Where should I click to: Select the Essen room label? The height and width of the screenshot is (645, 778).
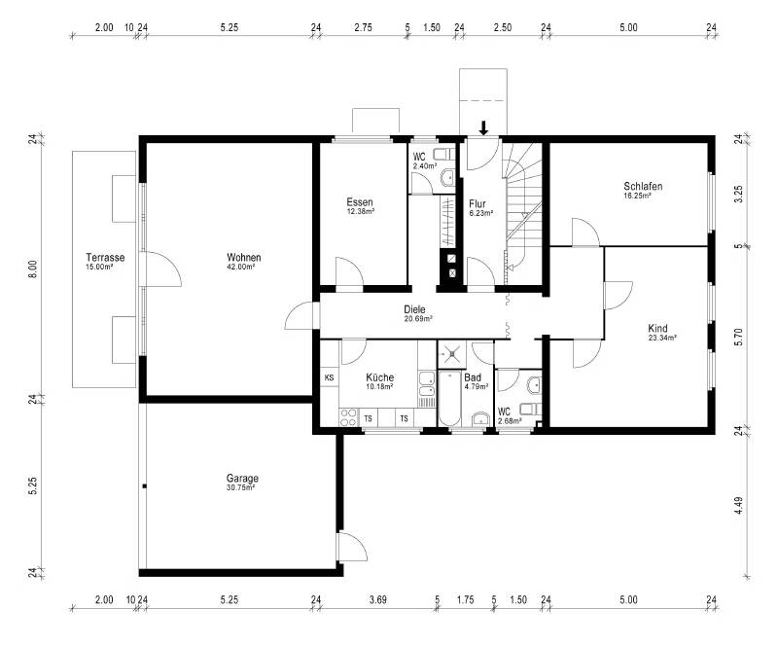point(361,201)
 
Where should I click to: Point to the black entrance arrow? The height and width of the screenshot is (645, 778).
point(484,127)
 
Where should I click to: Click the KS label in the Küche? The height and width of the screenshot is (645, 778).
point(329,377)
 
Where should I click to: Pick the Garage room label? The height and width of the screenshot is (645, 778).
point(242,478)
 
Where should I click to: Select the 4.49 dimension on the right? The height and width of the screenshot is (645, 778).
point(739,505)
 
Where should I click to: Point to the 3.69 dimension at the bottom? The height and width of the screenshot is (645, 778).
point(377,600)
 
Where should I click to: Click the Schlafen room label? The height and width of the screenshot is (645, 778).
point(643,186)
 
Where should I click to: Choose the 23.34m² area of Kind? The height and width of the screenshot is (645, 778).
point(661,339)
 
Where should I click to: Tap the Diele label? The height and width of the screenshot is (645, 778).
point(415,309)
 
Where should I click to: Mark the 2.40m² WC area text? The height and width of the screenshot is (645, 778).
point(422,166)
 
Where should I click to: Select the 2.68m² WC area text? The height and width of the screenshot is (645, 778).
point(509,420)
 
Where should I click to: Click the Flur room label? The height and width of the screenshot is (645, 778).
point(477,203)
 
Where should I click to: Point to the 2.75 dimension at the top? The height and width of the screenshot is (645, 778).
point(363,27)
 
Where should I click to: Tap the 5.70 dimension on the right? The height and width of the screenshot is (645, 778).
point(739,337)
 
